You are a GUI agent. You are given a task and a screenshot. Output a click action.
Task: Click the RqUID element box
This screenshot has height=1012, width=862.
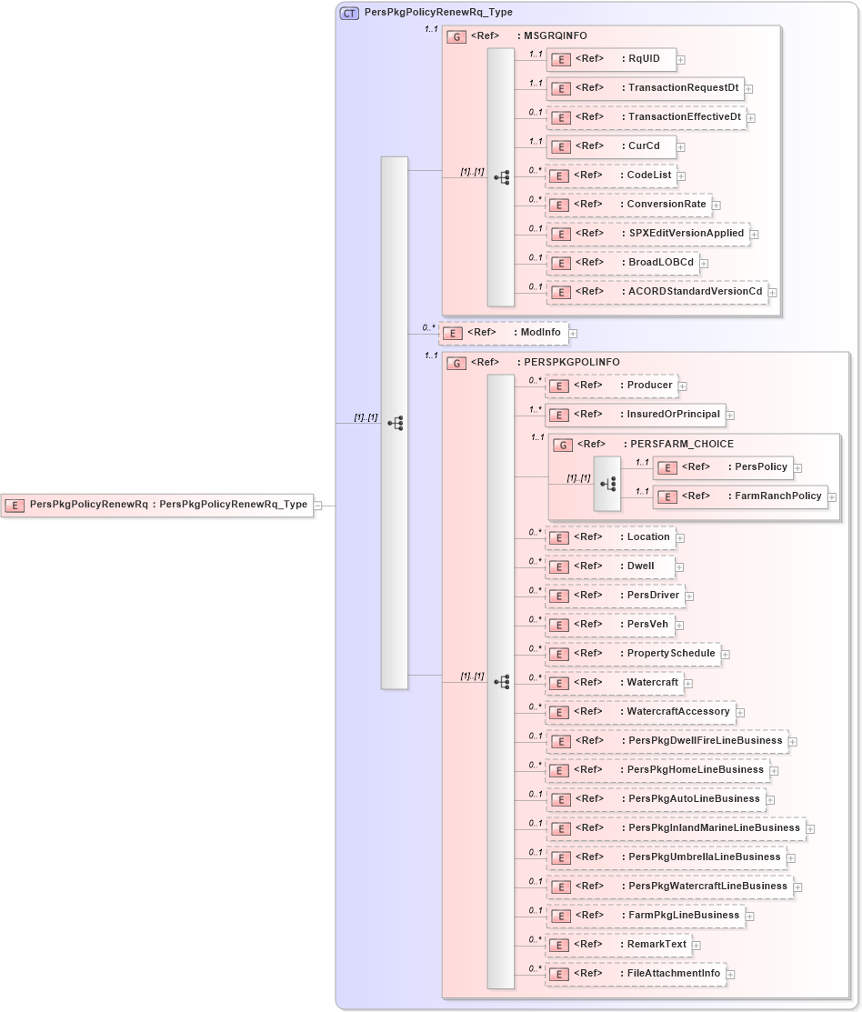click(611, 60)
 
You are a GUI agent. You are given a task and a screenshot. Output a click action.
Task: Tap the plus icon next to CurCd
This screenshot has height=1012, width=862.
click(680, 147)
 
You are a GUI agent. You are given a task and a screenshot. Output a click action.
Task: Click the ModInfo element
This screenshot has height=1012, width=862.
click(505, 333)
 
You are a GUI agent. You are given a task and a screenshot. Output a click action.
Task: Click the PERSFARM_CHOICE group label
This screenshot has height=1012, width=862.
click(678, 445)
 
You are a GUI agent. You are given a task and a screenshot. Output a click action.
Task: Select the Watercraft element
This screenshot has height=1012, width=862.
click(614, 683)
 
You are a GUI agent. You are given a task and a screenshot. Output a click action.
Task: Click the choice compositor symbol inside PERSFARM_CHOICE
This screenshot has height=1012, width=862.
click(607, 484)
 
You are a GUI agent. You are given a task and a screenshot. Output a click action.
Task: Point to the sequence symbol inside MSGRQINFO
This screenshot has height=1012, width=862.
click(501, 177)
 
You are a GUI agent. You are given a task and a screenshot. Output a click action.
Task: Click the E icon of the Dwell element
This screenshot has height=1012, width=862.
click(561, 566)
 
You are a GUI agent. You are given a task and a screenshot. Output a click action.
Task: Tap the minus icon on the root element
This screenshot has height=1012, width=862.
click(318, 506)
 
